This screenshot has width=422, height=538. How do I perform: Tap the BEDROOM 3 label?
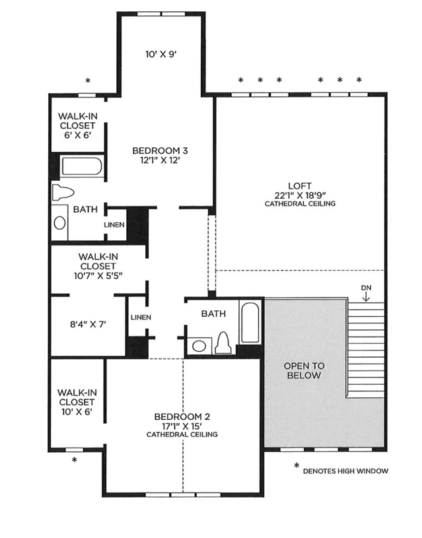(x=160, y=151)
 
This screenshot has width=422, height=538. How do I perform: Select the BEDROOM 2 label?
(x=182, y=417)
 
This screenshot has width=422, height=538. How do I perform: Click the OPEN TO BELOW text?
(x=304, y=370)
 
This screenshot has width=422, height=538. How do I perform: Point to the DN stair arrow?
(x=367, y=296)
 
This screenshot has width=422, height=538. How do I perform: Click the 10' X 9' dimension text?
(x=160, y=54)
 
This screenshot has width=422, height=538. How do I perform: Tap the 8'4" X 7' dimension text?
(x=88, y=324)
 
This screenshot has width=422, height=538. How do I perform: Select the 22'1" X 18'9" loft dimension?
(x=300, y=195)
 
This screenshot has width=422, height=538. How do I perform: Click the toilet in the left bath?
(x=63, y=193)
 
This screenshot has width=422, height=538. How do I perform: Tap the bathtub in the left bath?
(x=81, y=166)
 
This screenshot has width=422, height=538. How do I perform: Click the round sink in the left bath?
(x=59, y=223)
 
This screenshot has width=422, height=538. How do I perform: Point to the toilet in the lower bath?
(x=223, y=343)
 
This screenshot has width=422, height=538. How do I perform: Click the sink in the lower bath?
(x=199, y=346)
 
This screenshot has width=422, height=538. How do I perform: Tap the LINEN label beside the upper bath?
(x=114, y=224)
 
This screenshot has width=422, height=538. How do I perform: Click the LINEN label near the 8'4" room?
(x=141, y=318)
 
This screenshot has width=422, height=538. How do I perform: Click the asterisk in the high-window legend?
(x=297, y=466)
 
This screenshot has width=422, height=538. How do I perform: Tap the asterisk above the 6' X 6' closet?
(x=88, y=81)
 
